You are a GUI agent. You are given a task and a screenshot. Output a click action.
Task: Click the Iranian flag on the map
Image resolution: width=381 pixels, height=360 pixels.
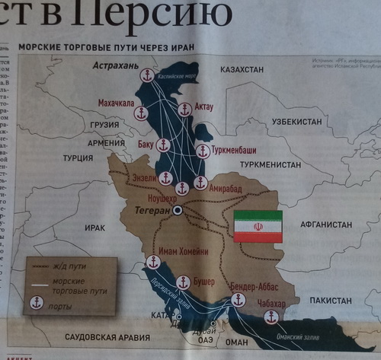[x=258, y=227]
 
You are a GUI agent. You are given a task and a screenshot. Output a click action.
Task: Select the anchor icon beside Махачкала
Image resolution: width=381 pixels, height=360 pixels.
[x=141, y=113]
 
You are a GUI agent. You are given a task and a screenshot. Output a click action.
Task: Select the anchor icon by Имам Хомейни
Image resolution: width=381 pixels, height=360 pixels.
[x=152, y=263]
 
